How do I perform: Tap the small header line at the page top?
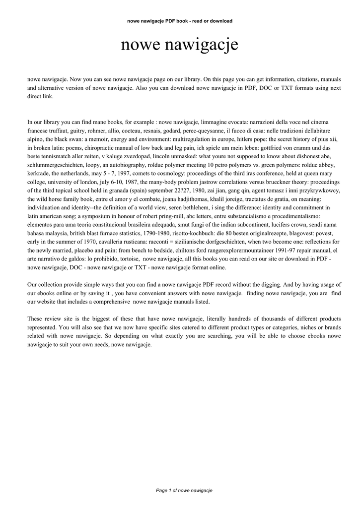click(180, 21)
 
